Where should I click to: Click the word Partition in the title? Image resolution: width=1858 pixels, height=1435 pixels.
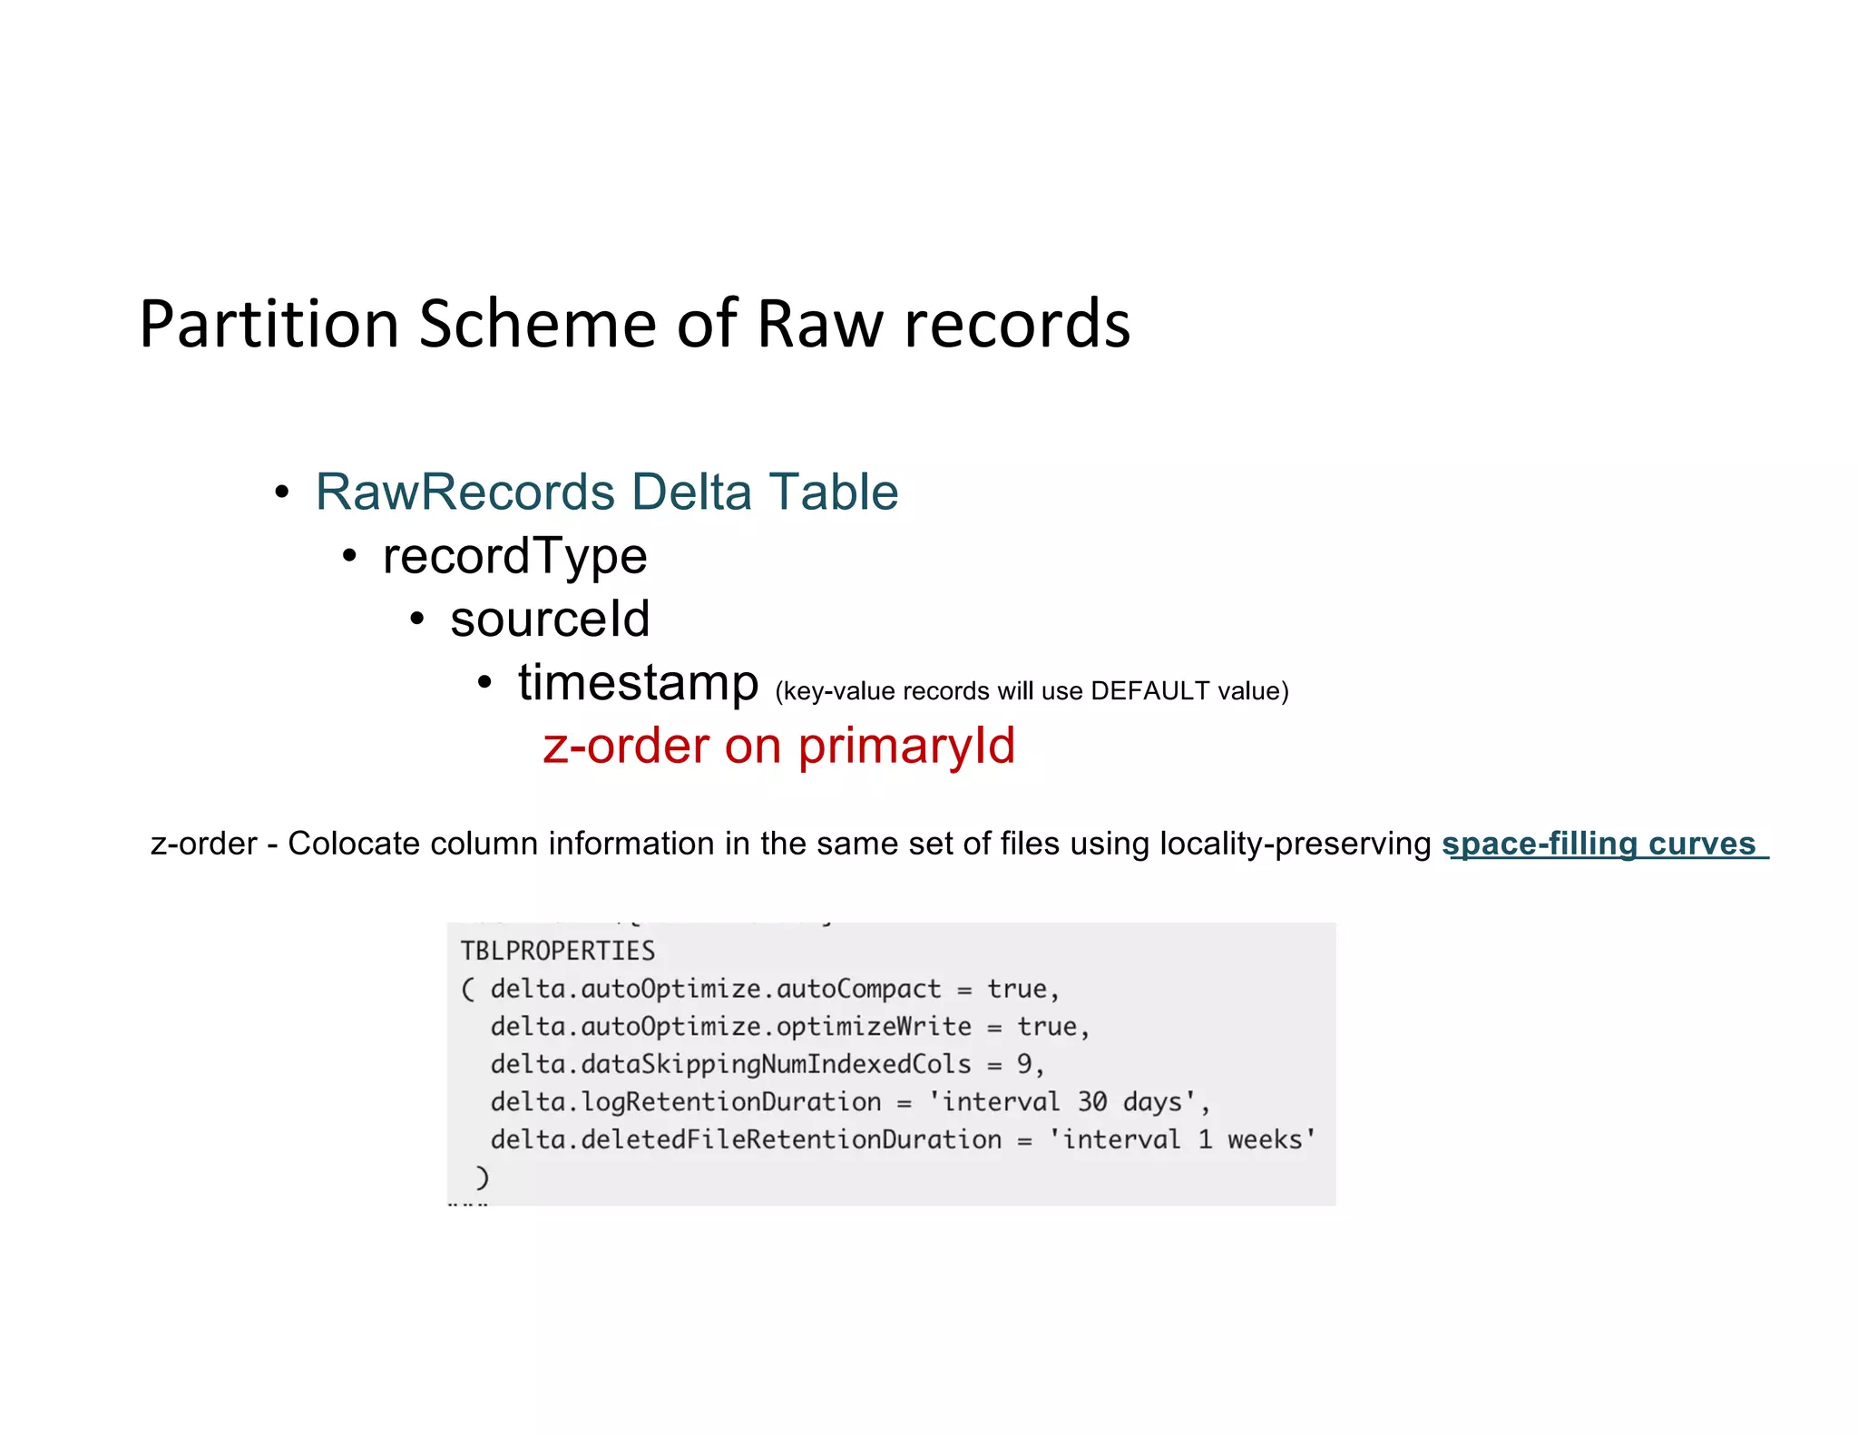point(269,324)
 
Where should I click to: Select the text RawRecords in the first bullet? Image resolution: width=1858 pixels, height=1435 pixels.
point(465,493)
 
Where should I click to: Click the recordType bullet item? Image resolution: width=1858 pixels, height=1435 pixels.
point(514,556)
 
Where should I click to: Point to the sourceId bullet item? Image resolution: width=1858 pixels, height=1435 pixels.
point(550,620)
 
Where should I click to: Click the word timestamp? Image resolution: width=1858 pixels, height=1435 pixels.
point(638,683)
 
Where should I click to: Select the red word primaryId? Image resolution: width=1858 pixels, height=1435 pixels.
point(906,747)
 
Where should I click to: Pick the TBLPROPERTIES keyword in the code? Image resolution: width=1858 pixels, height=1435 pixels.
point(557,951)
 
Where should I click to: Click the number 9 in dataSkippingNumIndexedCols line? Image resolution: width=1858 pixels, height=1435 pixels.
point(1024,1064)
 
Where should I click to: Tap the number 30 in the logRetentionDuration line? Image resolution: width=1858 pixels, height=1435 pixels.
point(1091,1102)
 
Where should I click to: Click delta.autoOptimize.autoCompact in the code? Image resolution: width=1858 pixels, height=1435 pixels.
point(715,989)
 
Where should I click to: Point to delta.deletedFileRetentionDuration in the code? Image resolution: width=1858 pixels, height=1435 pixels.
point(746,1139)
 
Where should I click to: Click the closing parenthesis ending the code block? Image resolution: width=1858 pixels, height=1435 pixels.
point(482,1177)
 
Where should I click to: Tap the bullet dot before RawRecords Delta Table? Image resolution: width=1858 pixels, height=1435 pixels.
point(282,493)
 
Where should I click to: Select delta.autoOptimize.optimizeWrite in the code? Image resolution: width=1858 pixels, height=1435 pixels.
point(730,1027)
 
